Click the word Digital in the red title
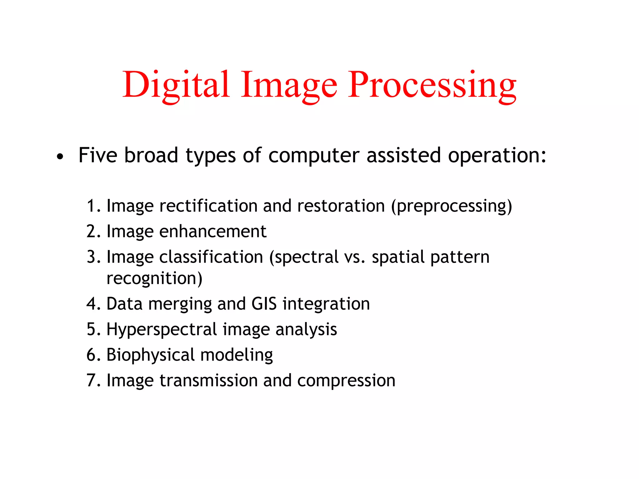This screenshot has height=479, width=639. (x=176, y=85)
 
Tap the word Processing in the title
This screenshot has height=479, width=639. (x=432, y=85)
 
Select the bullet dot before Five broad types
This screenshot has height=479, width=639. (x=60, y=157)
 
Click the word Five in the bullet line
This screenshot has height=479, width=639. (x=98, y=155)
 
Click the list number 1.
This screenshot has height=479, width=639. (x=91, y=206)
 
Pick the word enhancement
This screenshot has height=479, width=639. (x=213, y=232)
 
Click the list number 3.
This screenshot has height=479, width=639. (x=91, y=257)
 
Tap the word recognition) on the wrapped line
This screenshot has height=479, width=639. (x=154, y=278)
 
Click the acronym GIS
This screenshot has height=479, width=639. (x=264, y=304)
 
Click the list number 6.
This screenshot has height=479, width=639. (x=91, y=355)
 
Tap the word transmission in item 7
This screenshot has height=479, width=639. (x=209, y=381)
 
